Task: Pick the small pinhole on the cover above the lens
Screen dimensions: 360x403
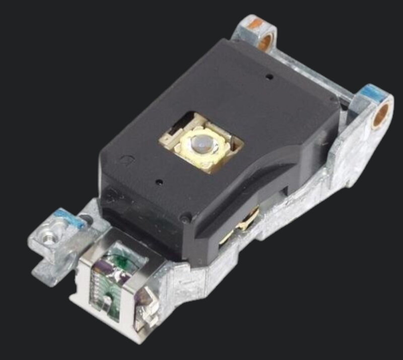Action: point(270,77)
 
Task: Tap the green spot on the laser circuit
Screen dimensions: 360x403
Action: point(120,260)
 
